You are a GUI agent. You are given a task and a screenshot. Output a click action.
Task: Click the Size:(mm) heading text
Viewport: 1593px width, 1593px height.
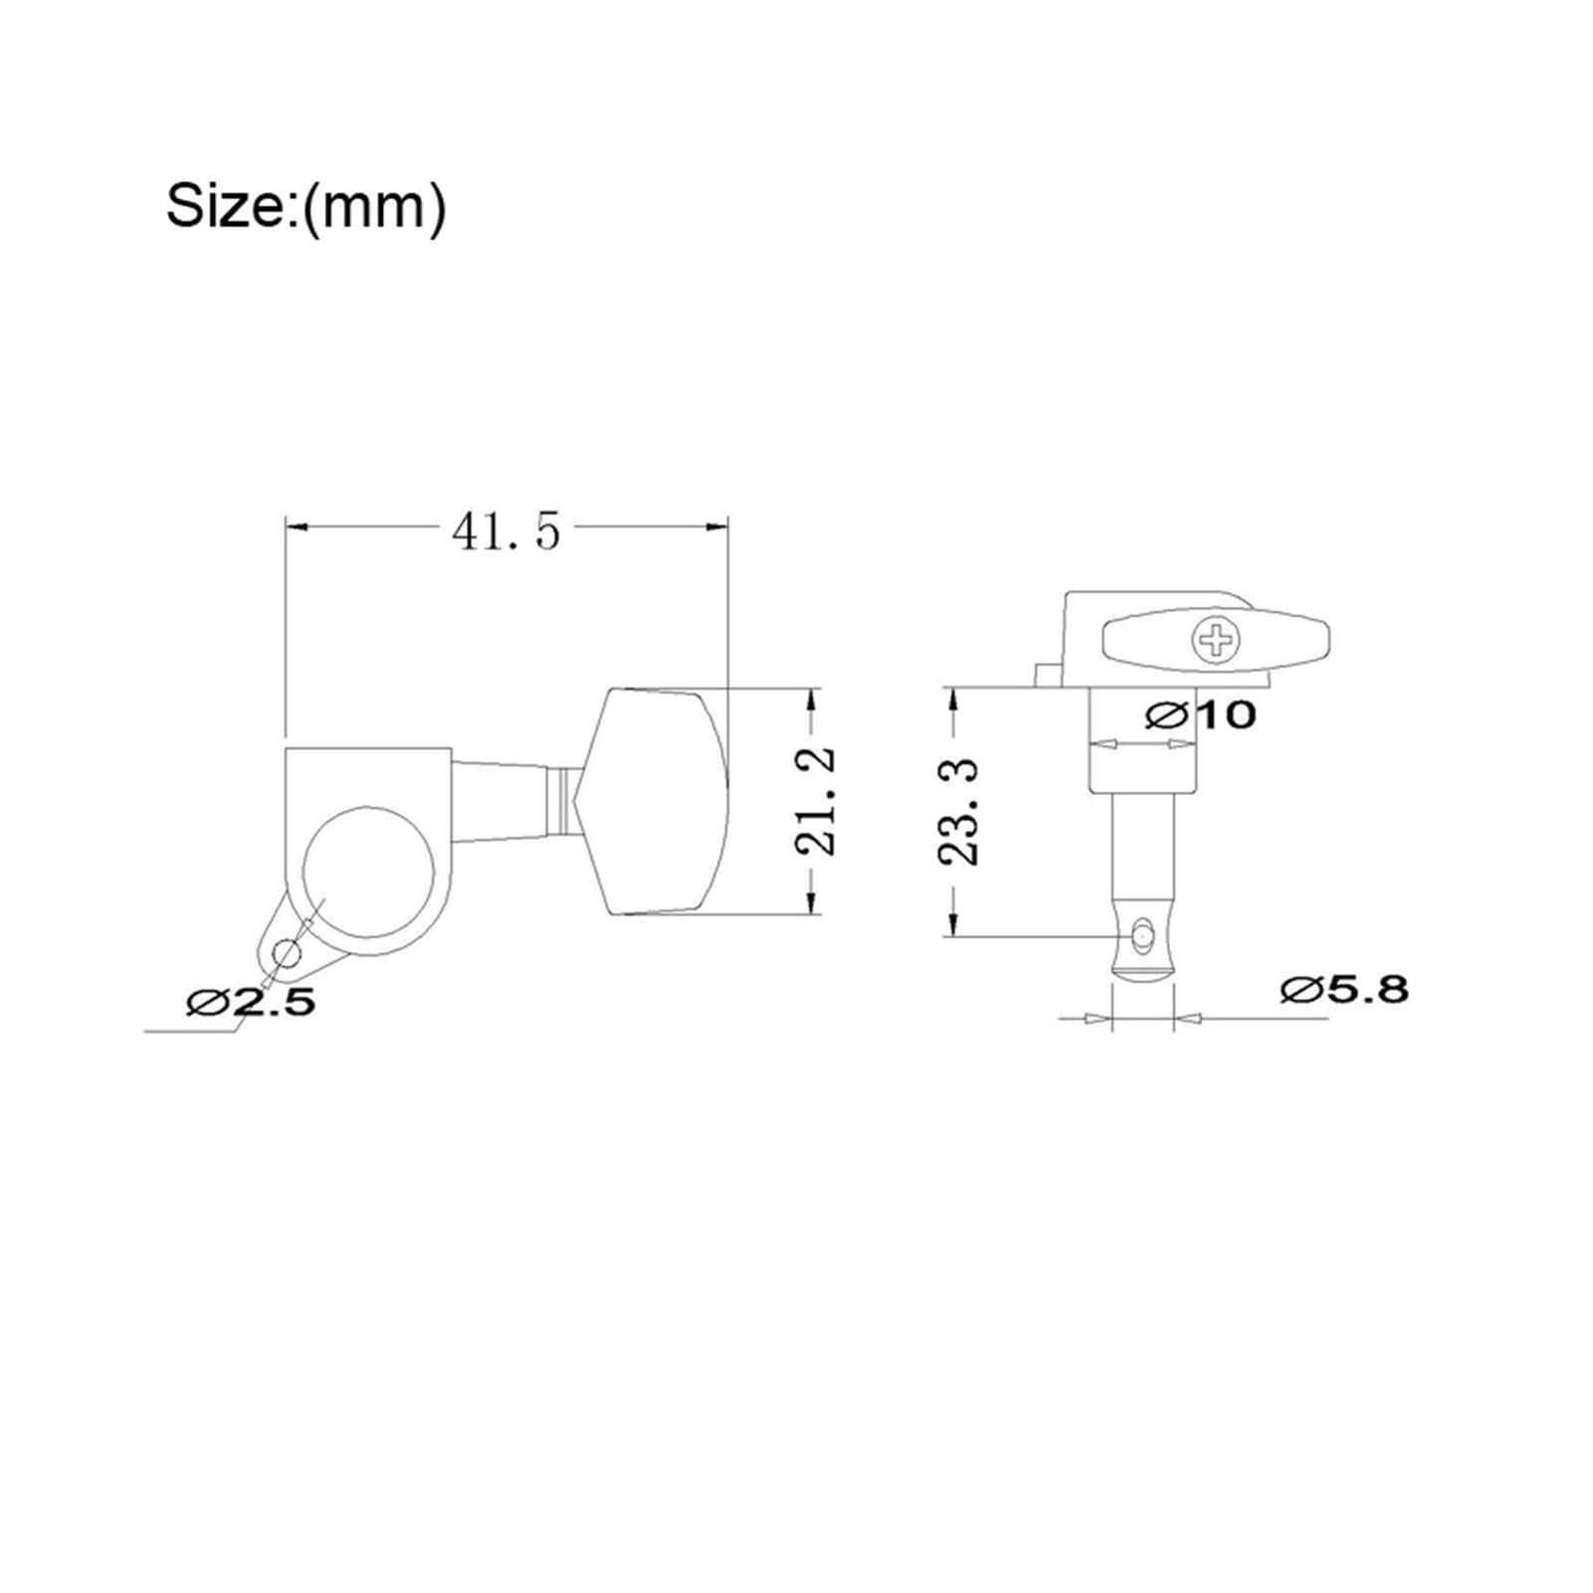pyautogui.click(x=305, y=206)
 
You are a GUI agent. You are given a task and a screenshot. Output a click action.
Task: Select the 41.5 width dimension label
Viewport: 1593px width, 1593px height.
pyautogui.click(x=506, y=532)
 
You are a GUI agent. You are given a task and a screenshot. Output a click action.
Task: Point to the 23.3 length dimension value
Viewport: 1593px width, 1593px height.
pyautogui.click(x=957, y=811)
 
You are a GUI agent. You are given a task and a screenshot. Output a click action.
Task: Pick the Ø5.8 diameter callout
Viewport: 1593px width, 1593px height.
pyautogui.click(x=1344, y=989)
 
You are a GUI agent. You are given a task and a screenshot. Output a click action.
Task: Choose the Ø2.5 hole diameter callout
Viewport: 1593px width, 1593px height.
pyautogui.click(x=251, y=1001)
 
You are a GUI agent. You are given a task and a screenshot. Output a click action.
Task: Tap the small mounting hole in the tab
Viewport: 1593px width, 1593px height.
pyautogui.click(x=286, y=955)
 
